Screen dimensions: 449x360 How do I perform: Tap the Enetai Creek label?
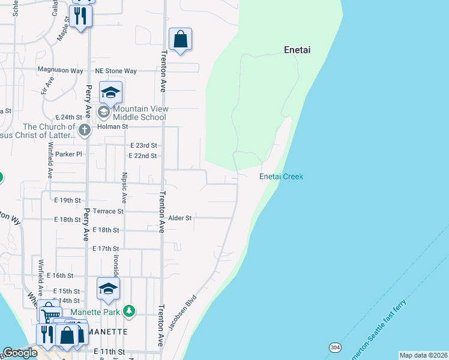coord(281,176)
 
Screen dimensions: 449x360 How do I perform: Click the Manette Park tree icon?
coord(128,311)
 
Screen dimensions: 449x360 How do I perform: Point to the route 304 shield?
coord(335,347)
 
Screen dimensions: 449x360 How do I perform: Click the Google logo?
coord(20,353)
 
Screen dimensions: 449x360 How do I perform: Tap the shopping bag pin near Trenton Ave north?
coord(180,40)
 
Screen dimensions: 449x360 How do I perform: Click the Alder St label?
coord(179,218)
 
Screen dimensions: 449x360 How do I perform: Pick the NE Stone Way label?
coord(116,71)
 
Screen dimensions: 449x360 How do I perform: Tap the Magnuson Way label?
coord(60,70)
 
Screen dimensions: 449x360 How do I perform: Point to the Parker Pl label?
coord(68,154)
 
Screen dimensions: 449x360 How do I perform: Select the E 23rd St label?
coord(143,145)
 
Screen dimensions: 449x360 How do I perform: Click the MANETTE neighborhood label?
coord(108,332)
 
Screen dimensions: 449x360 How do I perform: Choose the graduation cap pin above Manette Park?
coord(108,289)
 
